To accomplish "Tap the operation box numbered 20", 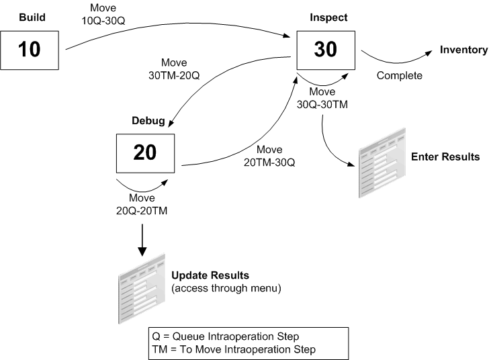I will point(144,152).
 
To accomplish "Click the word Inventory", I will point(463,50).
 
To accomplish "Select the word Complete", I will point(399,76).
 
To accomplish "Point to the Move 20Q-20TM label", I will point(142,204).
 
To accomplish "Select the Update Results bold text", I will point(210,276).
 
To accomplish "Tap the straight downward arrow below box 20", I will point(142,241).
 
